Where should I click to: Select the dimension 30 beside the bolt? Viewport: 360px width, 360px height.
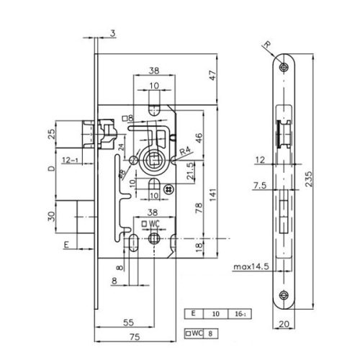[50, 217]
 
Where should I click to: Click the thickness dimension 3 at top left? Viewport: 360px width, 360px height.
[113, 31]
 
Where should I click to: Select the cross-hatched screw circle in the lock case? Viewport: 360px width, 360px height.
[168, 188]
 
